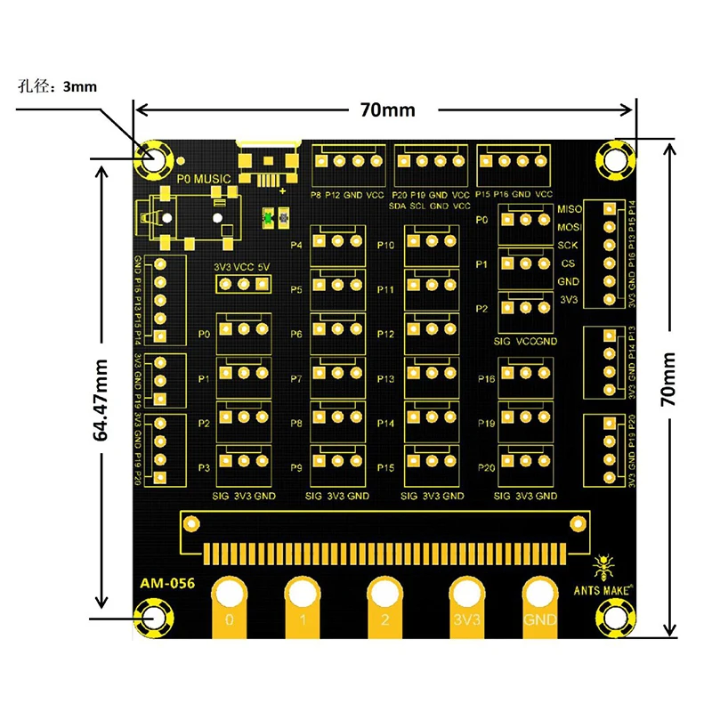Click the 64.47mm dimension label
101,399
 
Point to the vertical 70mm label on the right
668,378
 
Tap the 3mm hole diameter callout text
57,86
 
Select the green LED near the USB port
267,216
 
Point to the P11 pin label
385,290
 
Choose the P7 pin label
296,379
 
